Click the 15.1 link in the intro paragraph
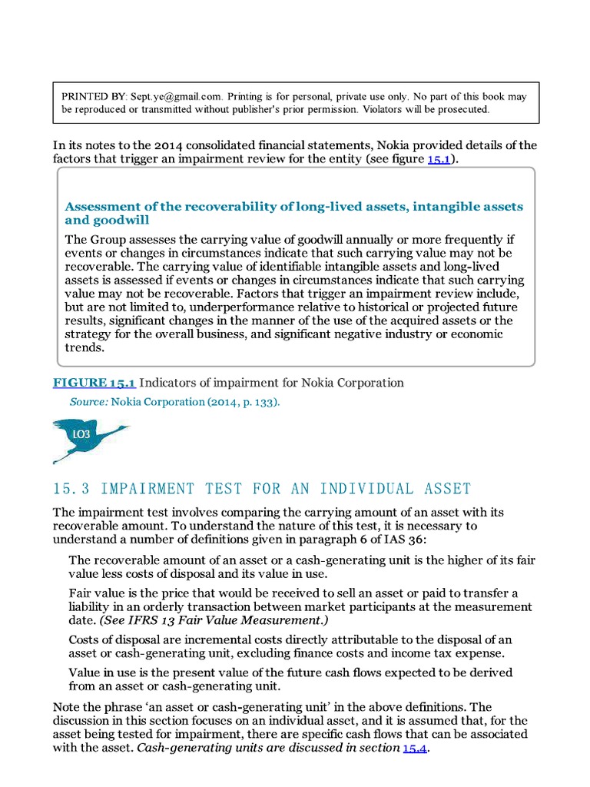coord(438,159)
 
